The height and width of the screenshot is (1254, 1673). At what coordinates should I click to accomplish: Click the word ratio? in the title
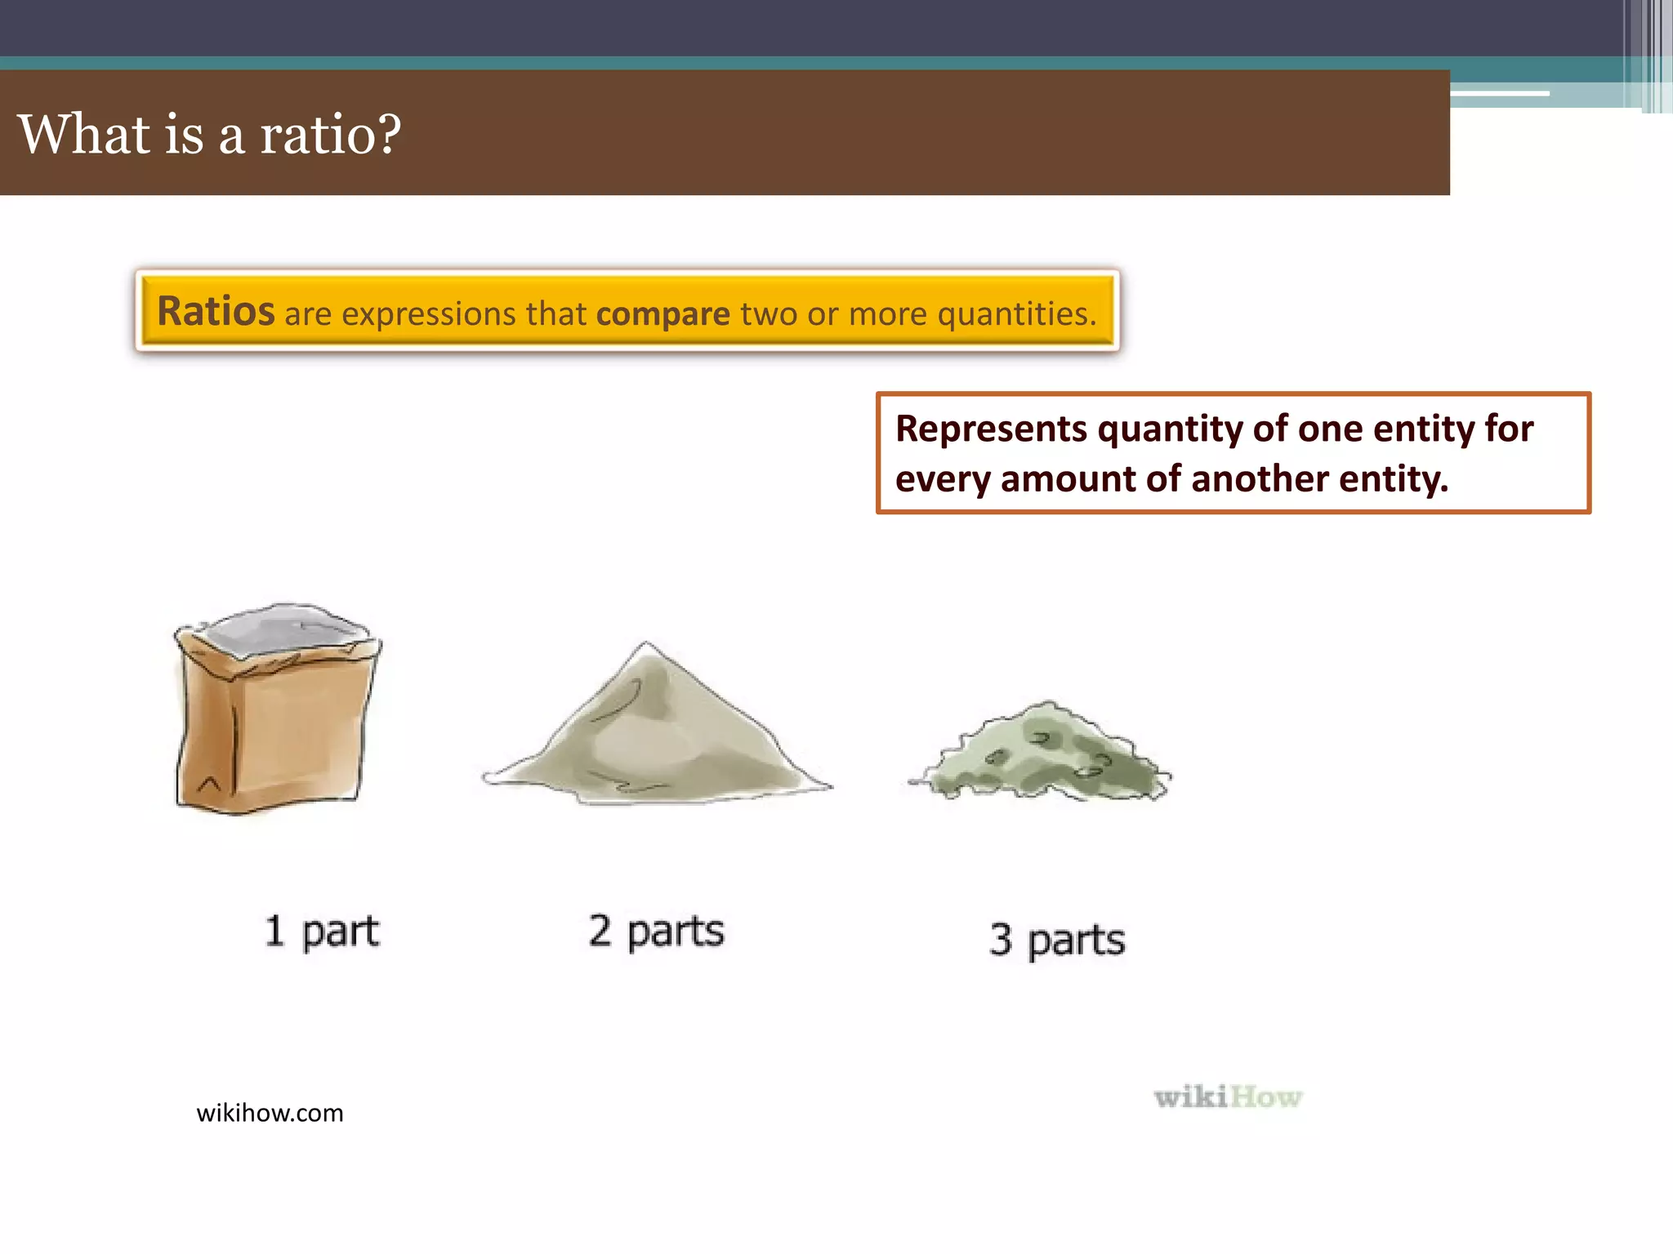(330, 135)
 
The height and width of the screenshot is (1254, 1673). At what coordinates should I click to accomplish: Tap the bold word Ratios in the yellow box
(216, 312)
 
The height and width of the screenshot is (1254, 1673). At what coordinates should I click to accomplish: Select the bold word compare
(663, 314)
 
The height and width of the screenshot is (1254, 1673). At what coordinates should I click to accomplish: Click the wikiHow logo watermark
(1228, 1097)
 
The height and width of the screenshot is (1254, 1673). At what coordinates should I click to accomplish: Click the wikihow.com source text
(270, 1114)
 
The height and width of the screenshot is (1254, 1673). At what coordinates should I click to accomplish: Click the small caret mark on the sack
(209, 785)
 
